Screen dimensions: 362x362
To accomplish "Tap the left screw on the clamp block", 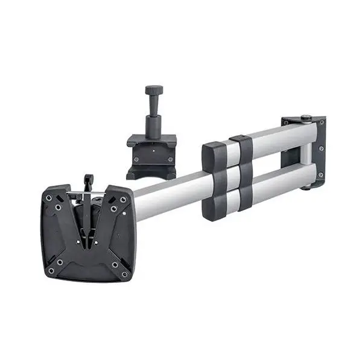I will [x=136, y=159].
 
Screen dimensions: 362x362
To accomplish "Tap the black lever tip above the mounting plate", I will [x=89, y=179].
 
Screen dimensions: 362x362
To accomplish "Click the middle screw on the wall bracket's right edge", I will [x=321, y=148].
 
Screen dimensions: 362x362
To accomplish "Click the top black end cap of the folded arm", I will [x=213, y=154].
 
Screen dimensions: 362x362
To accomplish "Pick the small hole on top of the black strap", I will [x=241, y=138].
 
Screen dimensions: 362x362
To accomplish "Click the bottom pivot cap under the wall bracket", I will [x=306, y=187].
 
